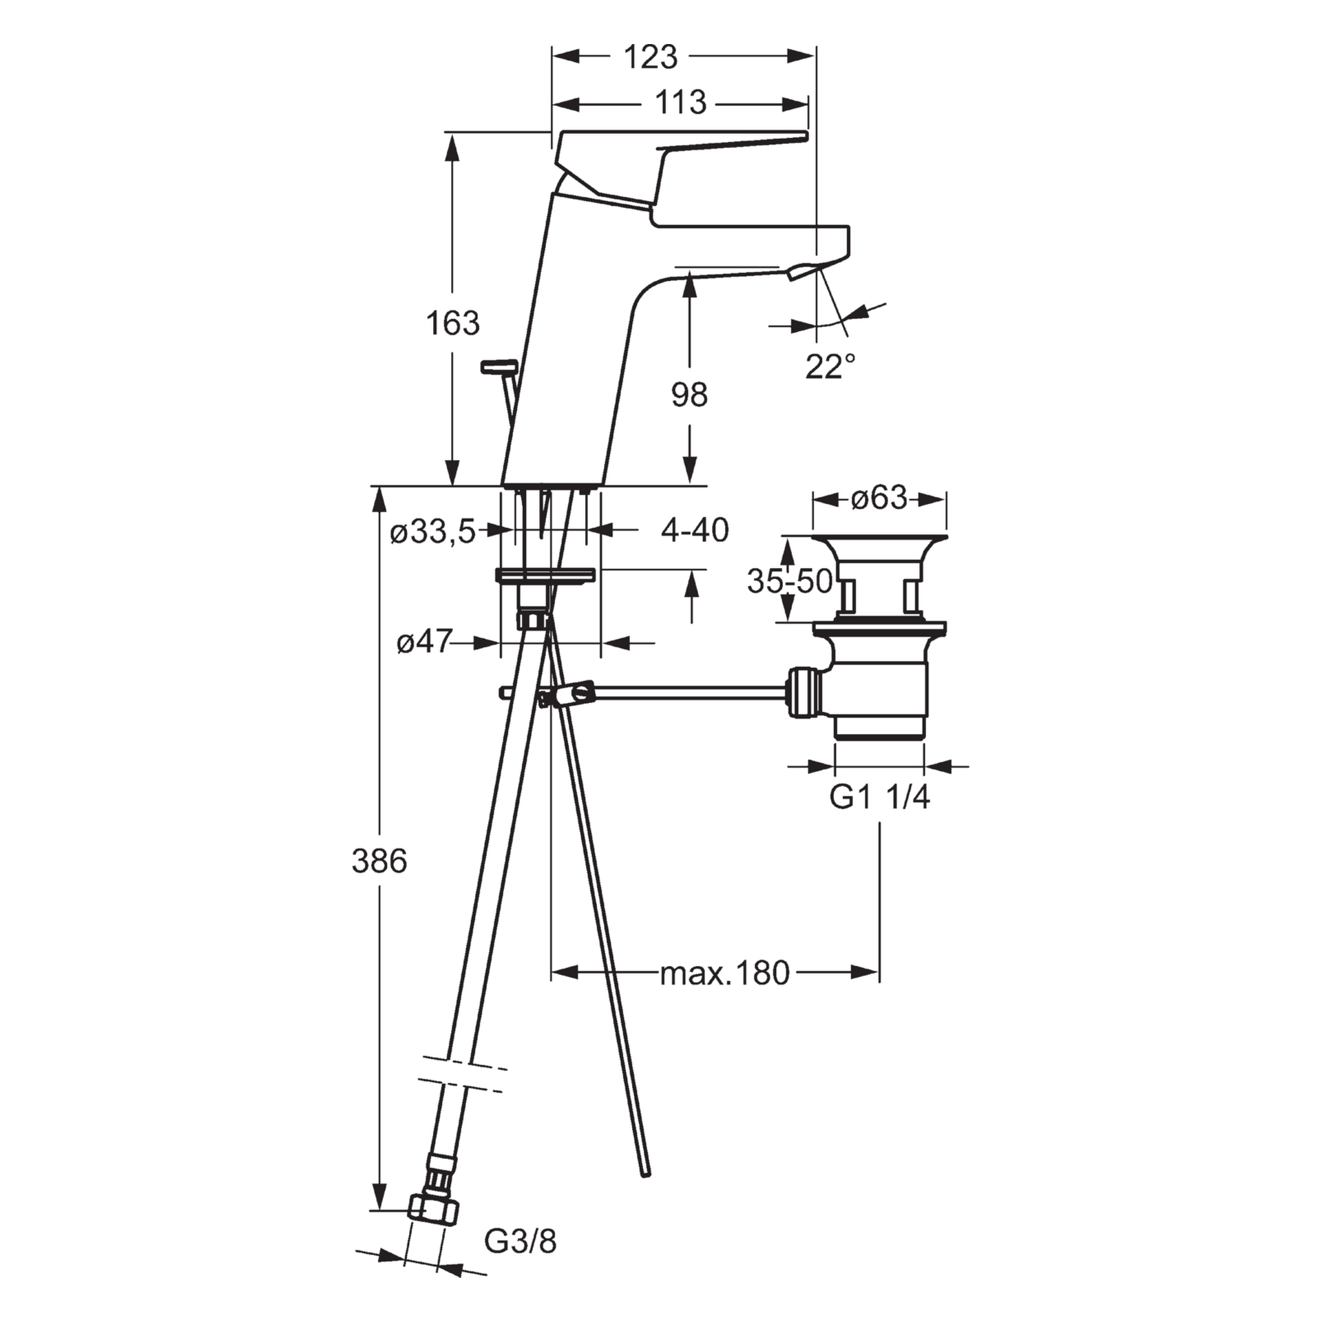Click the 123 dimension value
(650, 57)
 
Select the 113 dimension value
(680, 103)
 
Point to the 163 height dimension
(452, 323)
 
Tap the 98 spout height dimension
(689, 395)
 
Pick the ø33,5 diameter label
(433, 532)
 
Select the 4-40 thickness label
(694, 530)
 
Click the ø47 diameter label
(423, 643)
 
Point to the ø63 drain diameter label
(879, 498)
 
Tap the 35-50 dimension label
(790, 582)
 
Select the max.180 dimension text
(724, 973)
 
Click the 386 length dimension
(379, 861)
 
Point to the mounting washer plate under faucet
(545, 575)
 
